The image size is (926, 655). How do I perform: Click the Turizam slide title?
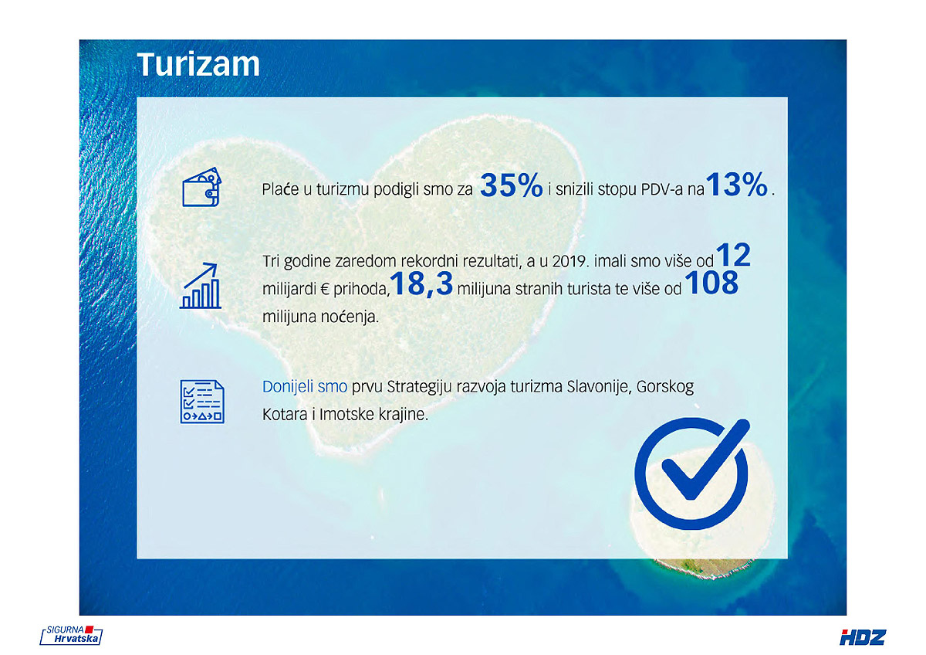(x=198, y=65)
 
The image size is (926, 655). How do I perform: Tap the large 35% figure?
(x=512, y=185)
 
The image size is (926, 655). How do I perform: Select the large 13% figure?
(x=737, y=184)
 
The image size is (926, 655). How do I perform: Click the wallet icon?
(x=201, y=187)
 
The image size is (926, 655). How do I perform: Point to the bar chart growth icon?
(x=201, y=286)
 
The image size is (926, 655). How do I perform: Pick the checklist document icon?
(x=202, y=402)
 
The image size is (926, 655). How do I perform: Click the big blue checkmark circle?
(x=691, y=473)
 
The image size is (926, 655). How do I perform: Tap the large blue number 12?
(x=733, y=256)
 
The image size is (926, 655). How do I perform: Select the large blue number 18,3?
(x=421, y=283)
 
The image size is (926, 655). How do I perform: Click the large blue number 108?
(x=711, y=283)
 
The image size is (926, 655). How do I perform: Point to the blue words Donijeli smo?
(x=305, y=387)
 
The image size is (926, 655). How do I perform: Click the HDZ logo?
(x=863, y=638)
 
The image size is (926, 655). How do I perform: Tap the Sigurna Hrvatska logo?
(x=71, y=635)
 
